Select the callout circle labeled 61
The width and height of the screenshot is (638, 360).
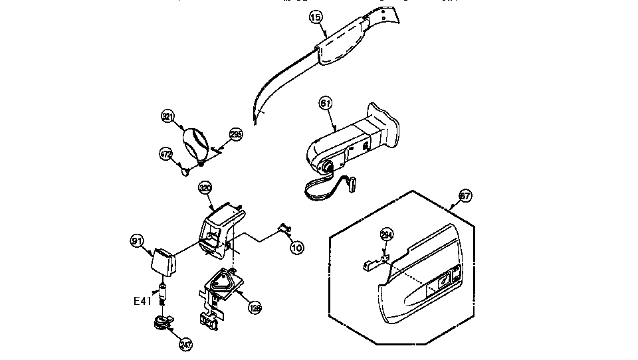click(x=325, y=103)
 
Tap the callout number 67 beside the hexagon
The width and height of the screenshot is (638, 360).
click(x=465, y=196)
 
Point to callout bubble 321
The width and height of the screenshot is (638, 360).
click(x=168, y=117)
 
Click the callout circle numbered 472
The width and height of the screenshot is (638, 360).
click(x=165, y=153)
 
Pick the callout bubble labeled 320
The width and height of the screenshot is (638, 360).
click(x=205, y=188)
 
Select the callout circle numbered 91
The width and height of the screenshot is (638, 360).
click(x=137, y=240)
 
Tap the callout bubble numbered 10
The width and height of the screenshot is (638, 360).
click(x=297, y=247)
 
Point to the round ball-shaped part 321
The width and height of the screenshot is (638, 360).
click(x=195, y=141)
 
